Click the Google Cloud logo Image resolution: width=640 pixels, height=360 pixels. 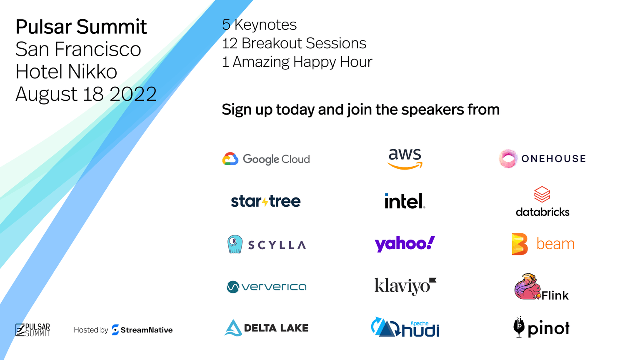tap(266, 159)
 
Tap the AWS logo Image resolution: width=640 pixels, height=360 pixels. tap(405, 159)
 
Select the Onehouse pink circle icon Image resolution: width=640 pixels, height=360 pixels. tap(508, 158)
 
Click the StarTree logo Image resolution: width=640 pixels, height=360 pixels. tap(266, 201)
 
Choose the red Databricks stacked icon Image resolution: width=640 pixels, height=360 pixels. tap(542, 194)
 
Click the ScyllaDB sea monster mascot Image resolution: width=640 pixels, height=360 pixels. tap(235, 244)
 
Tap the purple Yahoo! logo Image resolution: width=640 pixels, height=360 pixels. tap(405, 244)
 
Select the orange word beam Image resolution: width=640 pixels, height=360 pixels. tap(555, 244)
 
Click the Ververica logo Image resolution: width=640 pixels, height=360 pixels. tap(267, 287)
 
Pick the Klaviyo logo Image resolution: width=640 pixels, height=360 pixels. tap(405, 286)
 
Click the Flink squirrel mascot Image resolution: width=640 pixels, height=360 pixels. tap(527, 287)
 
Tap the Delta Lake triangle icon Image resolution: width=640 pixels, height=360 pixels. tap(233, 328)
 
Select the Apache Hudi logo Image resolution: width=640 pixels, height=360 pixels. tap(405, 327)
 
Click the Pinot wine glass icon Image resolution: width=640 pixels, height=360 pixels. tap(519, 327)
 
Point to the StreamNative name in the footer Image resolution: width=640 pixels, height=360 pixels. tap(146, 330)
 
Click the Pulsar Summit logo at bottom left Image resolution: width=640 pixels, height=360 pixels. tap(32, 330)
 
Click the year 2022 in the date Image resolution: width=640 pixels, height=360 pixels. tap(133, 94)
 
